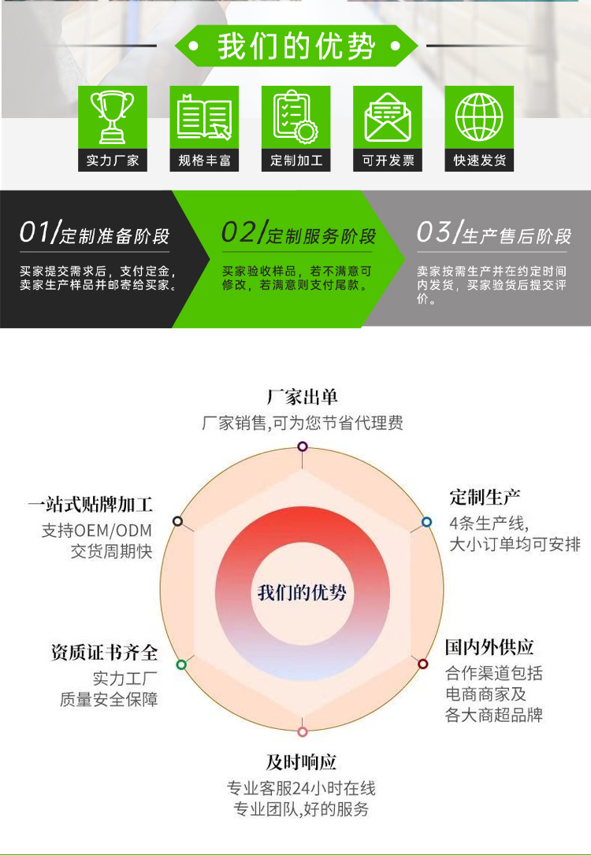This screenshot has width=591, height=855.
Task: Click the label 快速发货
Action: point(479,161)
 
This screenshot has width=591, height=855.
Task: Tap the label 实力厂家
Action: point(113,161)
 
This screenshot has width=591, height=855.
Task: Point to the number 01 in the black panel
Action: point(35,233)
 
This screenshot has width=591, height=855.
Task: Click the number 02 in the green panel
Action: point(239,233)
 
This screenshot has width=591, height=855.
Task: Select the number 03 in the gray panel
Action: point(434,233)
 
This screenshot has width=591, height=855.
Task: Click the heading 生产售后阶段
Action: point(517,236)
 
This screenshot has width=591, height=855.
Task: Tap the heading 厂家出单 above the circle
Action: point(303,397)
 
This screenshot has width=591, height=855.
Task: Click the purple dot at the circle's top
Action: point(303,446)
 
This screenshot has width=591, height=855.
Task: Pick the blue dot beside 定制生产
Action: point(426,521)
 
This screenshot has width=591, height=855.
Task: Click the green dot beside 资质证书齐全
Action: point(181,664)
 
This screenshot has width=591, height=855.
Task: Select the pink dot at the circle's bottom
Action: point(303,731)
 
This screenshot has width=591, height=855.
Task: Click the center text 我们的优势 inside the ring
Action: point(303,592)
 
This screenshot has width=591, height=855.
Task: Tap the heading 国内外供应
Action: point(489,647)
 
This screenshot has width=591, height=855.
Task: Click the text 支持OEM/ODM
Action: point(96,530)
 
